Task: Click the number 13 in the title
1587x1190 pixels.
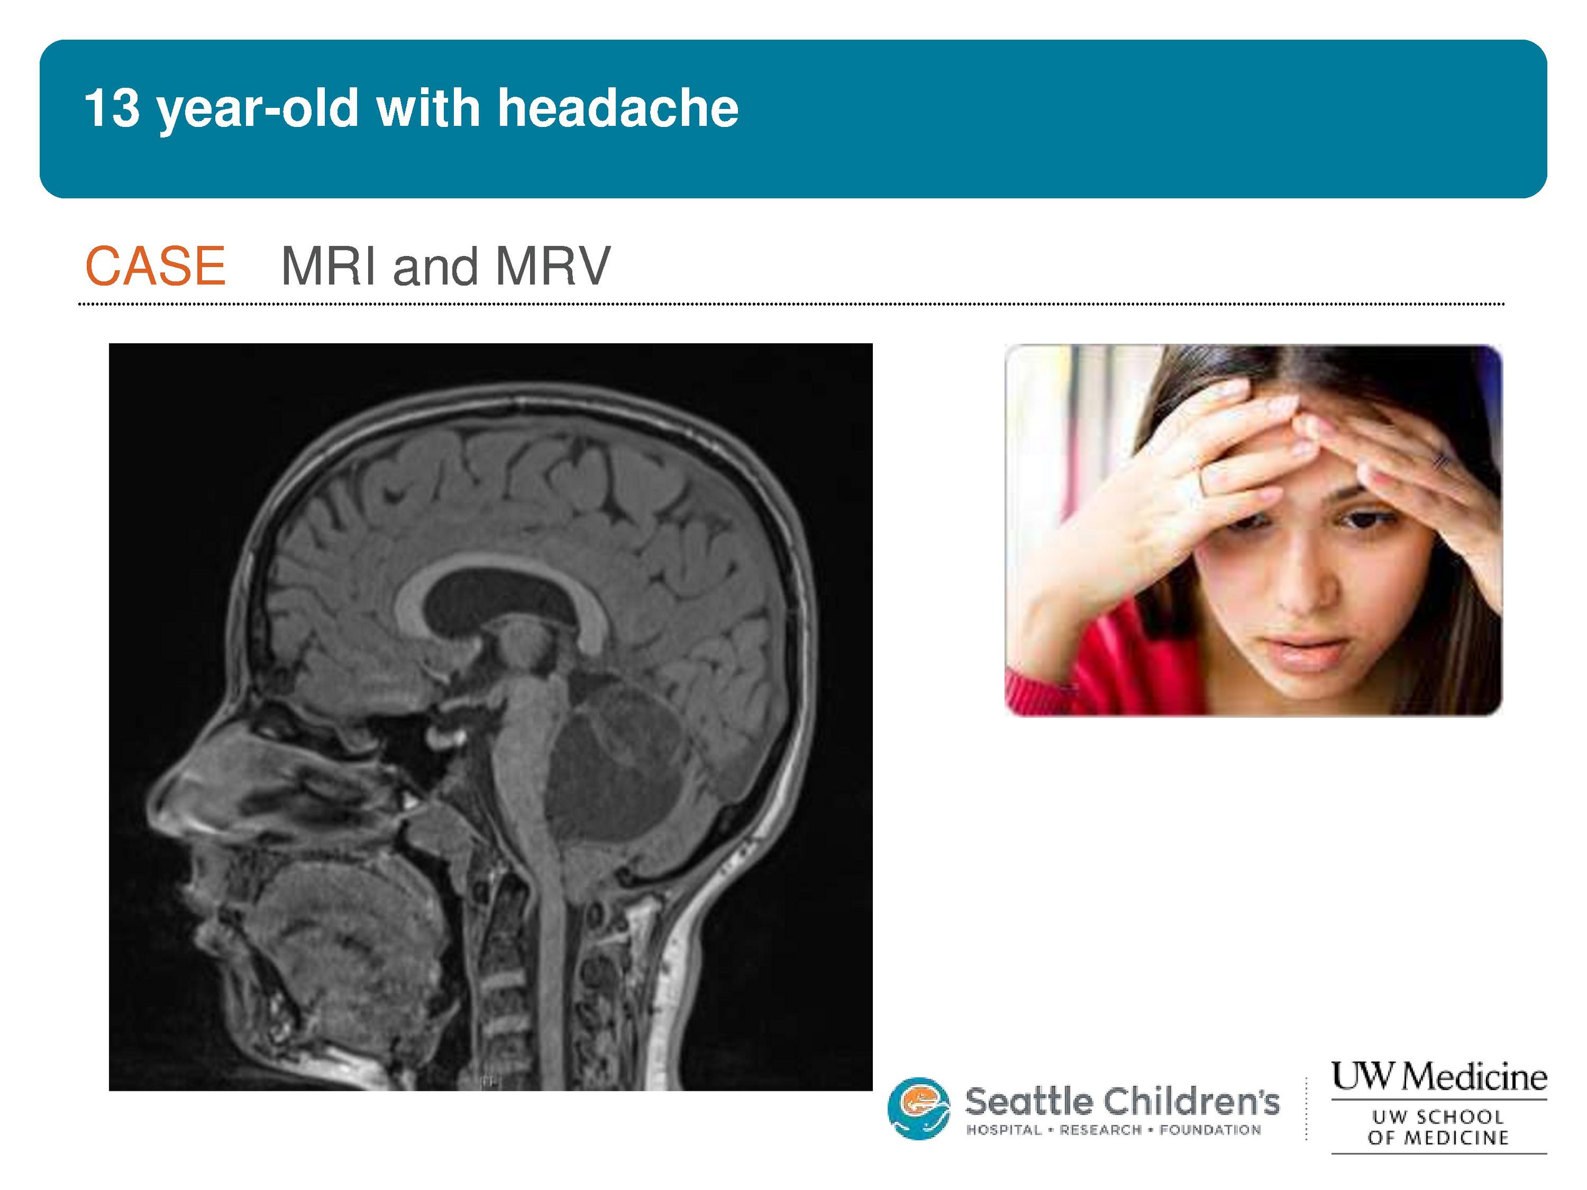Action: tap(112, 108)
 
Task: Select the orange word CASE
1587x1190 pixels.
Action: tap(156, 266)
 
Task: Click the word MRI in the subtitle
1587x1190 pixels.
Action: tap(329, 266)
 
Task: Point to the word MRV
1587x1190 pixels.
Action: tap(552, 266)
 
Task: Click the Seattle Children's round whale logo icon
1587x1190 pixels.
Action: tap(918, 1108)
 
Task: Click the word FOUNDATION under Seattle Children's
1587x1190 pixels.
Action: tap(1210, 1130)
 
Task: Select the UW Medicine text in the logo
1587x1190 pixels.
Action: tap(1439, 1076)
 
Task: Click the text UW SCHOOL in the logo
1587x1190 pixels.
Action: tap(1438, 1117)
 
